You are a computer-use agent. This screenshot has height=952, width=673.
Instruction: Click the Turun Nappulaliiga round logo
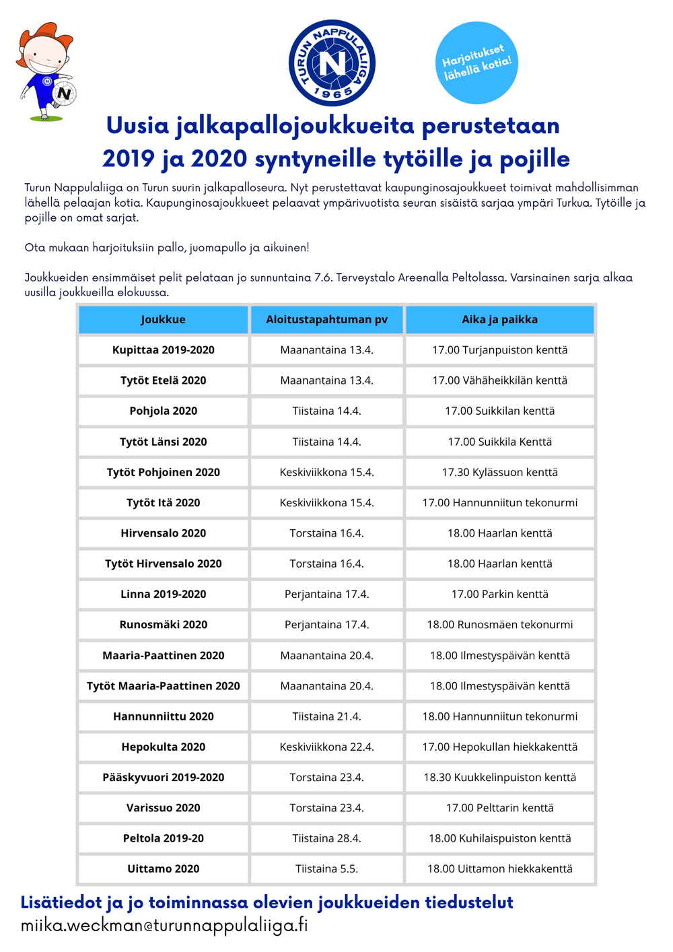point(332,63)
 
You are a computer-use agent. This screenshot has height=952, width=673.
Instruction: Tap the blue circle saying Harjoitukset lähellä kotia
point(476,63)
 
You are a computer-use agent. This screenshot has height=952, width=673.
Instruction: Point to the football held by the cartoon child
point(64,93)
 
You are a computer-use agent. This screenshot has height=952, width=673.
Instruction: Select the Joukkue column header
point(163,320)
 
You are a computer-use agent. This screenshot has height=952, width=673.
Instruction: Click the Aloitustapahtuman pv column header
point(326,320)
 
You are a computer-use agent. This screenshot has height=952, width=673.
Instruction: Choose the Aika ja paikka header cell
point(499,320)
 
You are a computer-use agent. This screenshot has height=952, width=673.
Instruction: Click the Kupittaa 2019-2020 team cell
point(163,350)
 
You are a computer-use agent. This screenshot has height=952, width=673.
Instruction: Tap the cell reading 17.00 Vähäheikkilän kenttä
point(499,380)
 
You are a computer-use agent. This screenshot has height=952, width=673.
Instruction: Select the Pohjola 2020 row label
point(163,411)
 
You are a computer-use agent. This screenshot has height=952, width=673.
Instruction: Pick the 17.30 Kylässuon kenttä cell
point(499,473)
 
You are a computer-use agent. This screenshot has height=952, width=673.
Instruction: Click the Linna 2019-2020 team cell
point(163,594)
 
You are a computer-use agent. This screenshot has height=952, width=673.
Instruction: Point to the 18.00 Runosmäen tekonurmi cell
point(499,625)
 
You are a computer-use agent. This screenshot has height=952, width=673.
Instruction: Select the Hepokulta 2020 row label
point(163,747)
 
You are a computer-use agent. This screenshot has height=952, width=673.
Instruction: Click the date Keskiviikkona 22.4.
point(326,747)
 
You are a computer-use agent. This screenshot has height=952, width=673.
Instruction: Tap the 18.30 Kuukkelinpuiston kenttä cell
point(499,778)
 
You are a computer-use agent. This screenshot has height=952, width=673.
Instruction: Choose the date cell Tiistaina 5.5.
point(326,869)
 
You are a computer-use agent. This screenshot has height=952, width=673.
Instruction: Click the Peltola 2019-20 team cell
point(163,838)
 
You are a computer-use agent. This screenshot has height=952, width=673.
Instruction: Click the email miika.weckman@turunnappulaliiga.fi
point(164,926)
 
